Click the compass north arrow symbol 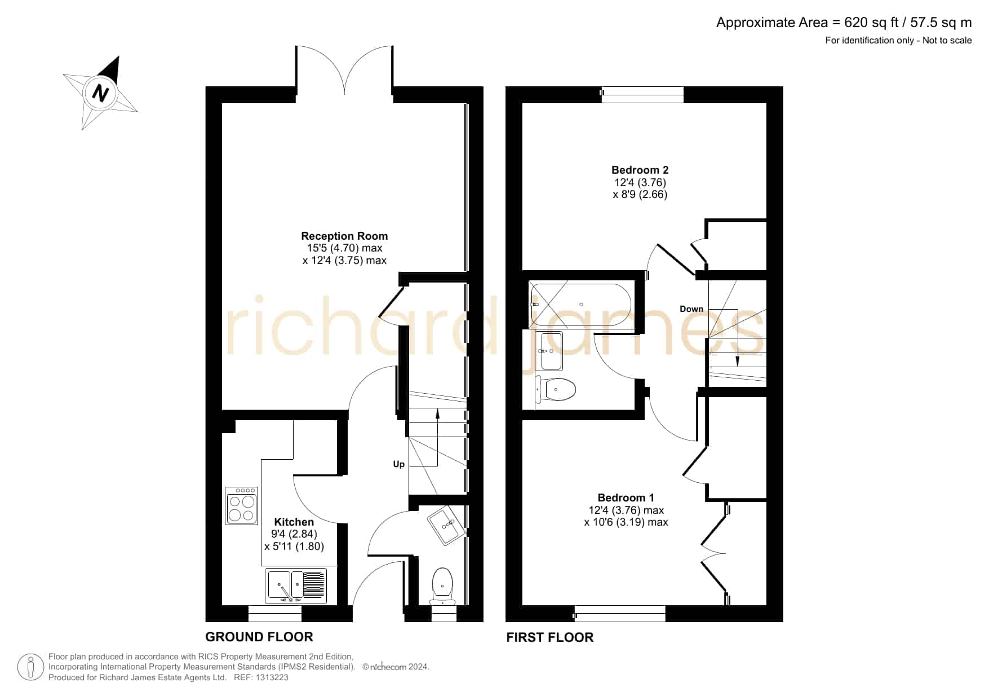coord(100,93)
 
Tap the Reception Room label coord(344,236)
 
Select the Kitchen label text coord(294,522)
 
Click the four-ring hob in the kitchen coord(241,506)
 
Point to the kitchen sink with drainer coord(296,585)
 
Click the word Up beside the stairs coord(398,464)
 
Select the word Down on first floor coord(691,309)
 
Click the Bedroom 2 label coord(640,170)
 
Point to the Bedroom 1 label coord(626,498)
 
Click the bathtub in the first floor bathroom coord(582,305)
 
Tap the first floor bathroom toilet coord(556,389)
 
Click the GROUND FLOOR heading coord(259,637)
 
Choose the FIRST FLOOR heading coord(550,637)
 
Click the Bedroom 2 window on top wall coord(642,94)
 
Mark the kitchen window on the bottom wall coord(275,614)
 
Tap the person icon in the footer coord(30,667)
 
